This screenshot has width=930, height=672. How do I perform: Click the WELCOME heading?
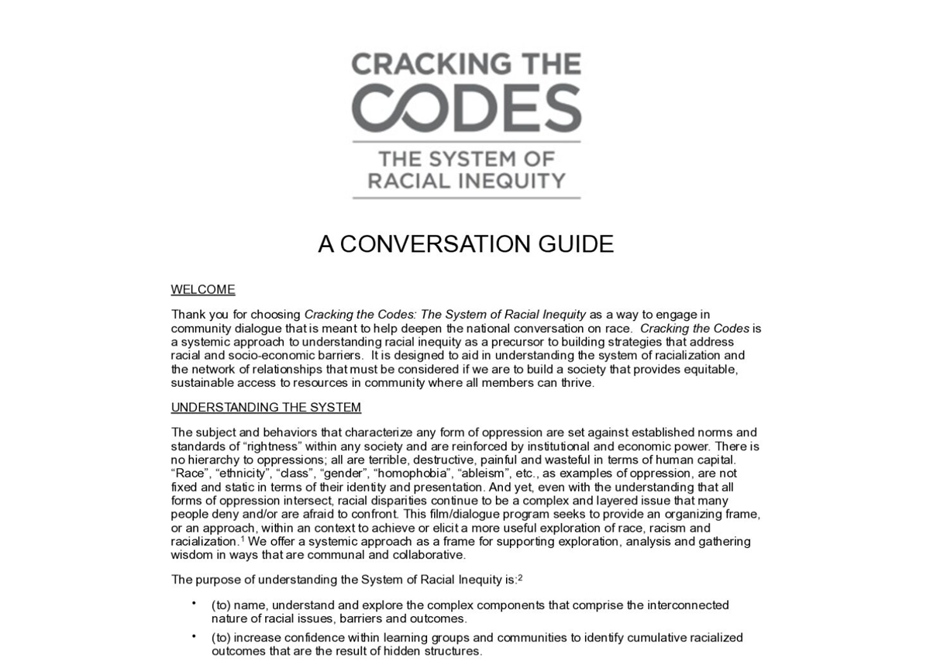click(202, 290)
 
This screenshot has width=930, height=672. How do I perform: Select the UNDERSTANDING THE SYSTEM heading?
click(266, 408)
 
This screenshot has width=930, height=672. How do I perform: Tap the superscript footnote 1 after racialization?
click(243, 538)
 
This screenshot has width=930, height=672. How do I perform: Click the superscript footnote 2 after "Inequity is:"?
click(520, 577)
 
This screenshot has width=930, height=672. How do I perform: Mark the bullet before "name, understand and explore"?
click(194, 603)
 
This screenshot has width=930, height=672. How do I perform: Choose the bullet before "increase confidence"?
click(194, 636)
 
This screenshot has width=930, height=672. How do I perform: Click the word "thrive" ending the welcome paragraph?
click(577, 383)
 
